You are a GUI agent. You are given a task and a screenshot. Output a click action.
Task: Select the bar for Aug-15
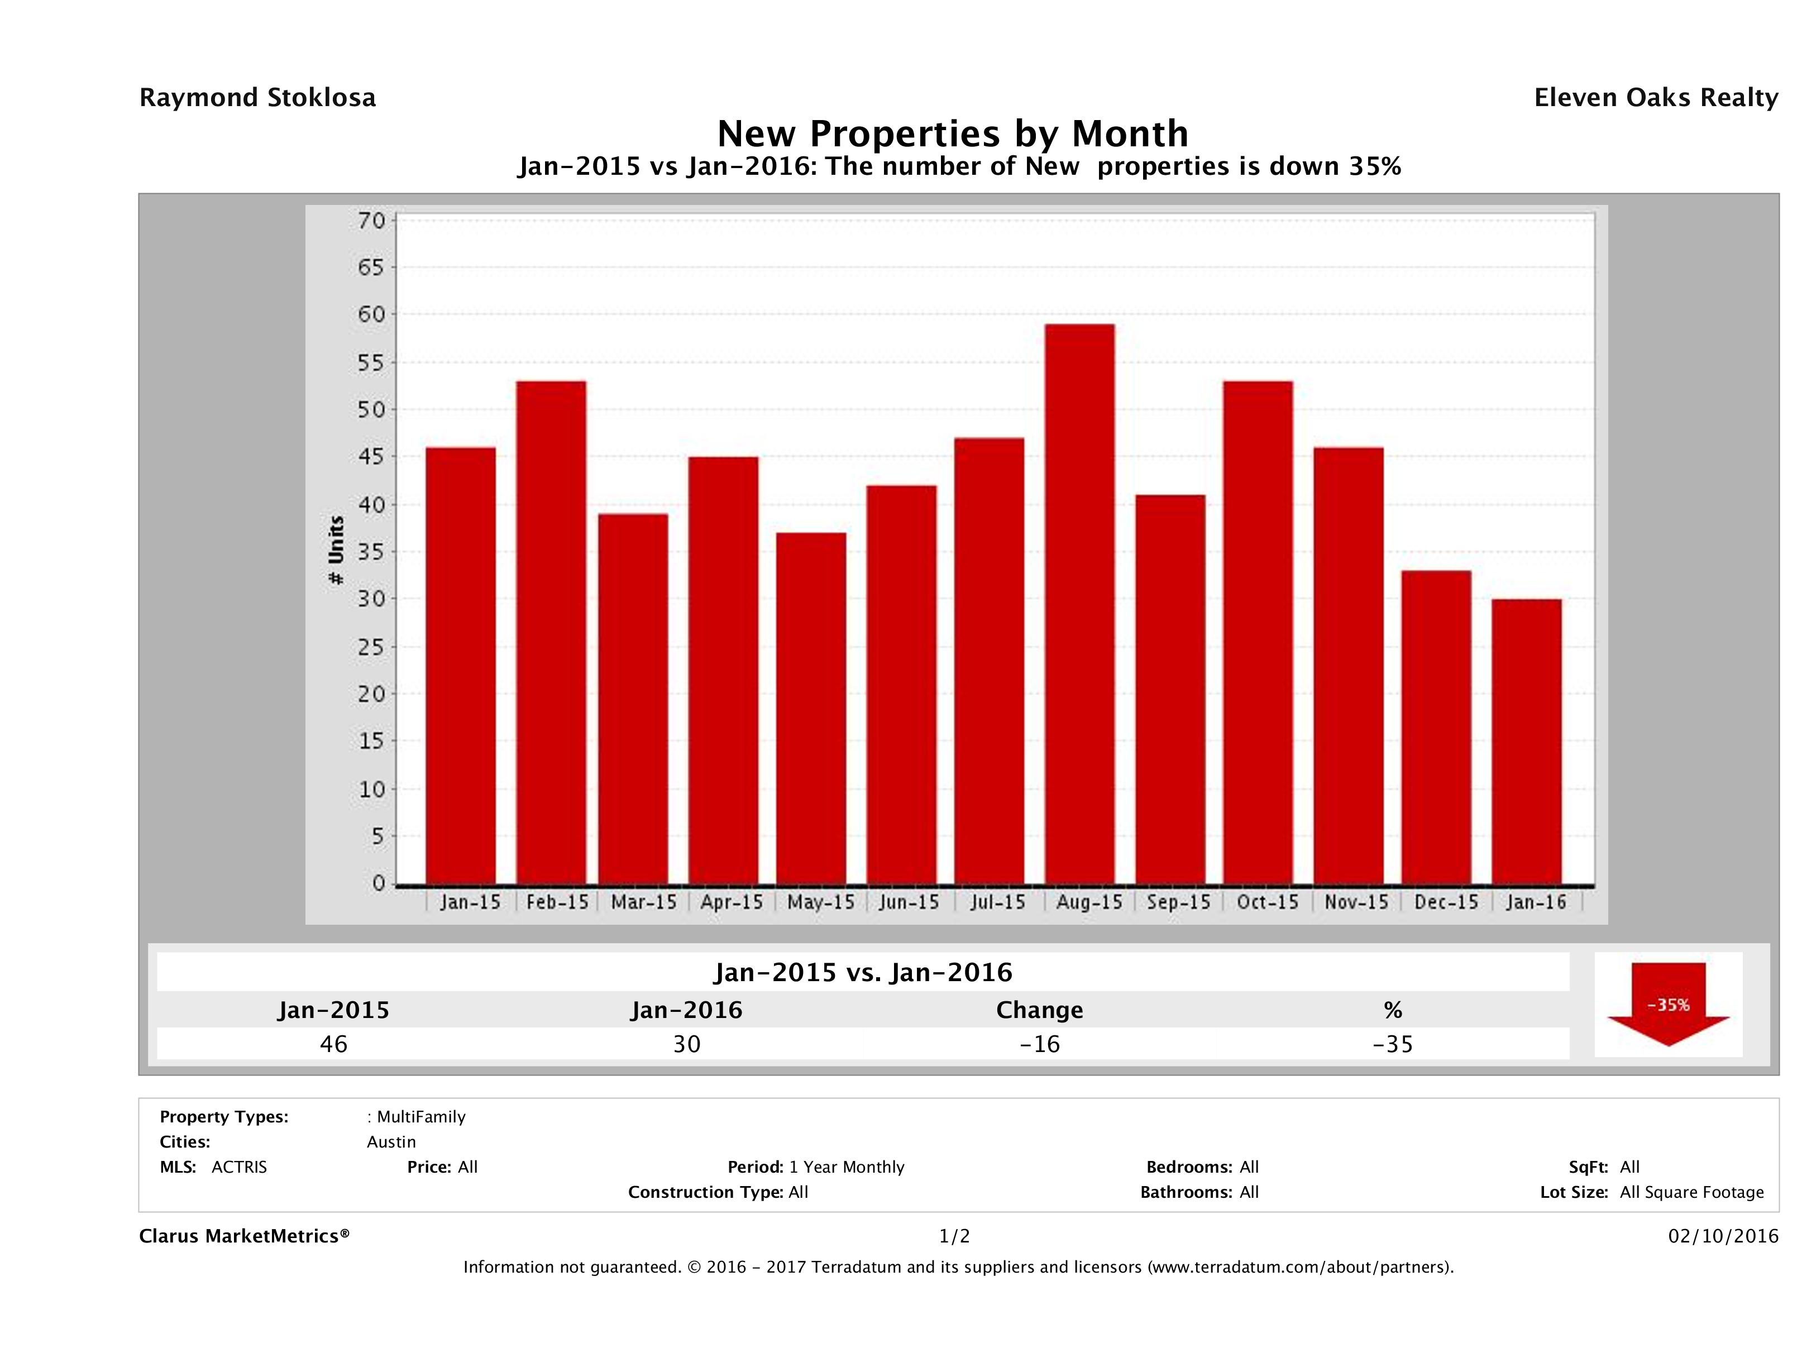coord(1079,604)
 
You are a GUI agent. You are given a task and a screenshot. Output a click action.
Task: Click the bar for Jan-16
coord(1527,742)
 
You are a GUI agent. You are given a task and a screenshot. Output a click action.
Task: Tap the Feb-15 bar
coord(551,632)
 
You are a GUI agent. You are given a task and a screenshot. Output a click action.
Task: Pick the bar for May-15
coord(811,708)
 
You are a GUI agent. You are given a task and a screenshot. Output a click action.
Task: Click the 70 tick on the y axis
coord(371,221)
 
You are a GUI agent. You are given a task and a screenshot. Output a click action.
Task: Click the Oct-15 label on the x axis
coord(1267,902)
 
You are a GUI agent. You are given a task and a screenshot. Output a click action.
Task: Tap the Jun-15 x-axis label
coord(909,902)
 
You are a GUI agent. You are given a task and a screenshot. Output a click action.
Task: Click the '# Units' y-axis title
coord(336,551)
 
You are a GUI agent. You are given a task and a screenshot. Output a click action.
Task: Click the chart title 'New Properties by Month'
coord(952,133)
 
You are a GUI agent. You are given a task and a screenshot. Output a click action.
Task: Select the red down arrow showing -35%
coord(1667,1003)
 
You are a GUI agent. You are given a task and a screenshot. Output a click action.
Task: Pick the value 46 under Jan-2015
coord(334,1044)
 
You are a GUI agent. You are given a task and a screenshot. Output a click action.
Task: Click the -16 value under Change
coord(1040,1044)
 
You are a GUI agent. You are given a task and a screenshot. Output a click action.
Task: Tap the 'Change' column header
coord(1040,1010)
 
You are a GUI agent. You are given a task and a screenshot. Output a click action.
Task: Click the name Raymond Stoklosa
coord(257,98)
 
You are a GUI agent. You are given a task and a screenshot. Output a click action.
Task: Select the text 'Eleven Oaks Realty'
coord(1655,98)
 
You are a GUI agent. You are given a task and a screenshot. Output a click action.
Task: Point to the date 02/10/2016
coord(1722,1236)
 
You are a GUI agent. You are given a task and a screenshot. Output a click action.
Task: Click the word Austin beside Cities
coord(391,1142)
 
